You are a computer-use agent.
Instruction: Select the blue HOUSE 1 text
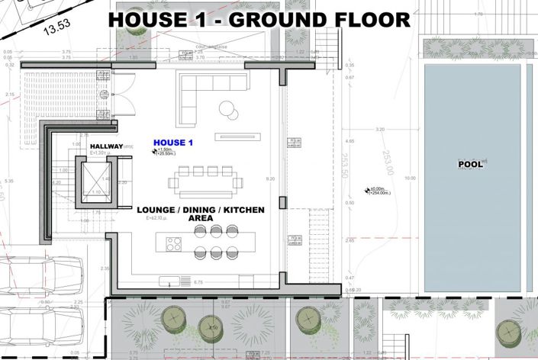[173, 143]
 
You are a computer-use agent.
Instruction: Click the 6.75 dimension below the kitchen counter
[199, 282]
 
